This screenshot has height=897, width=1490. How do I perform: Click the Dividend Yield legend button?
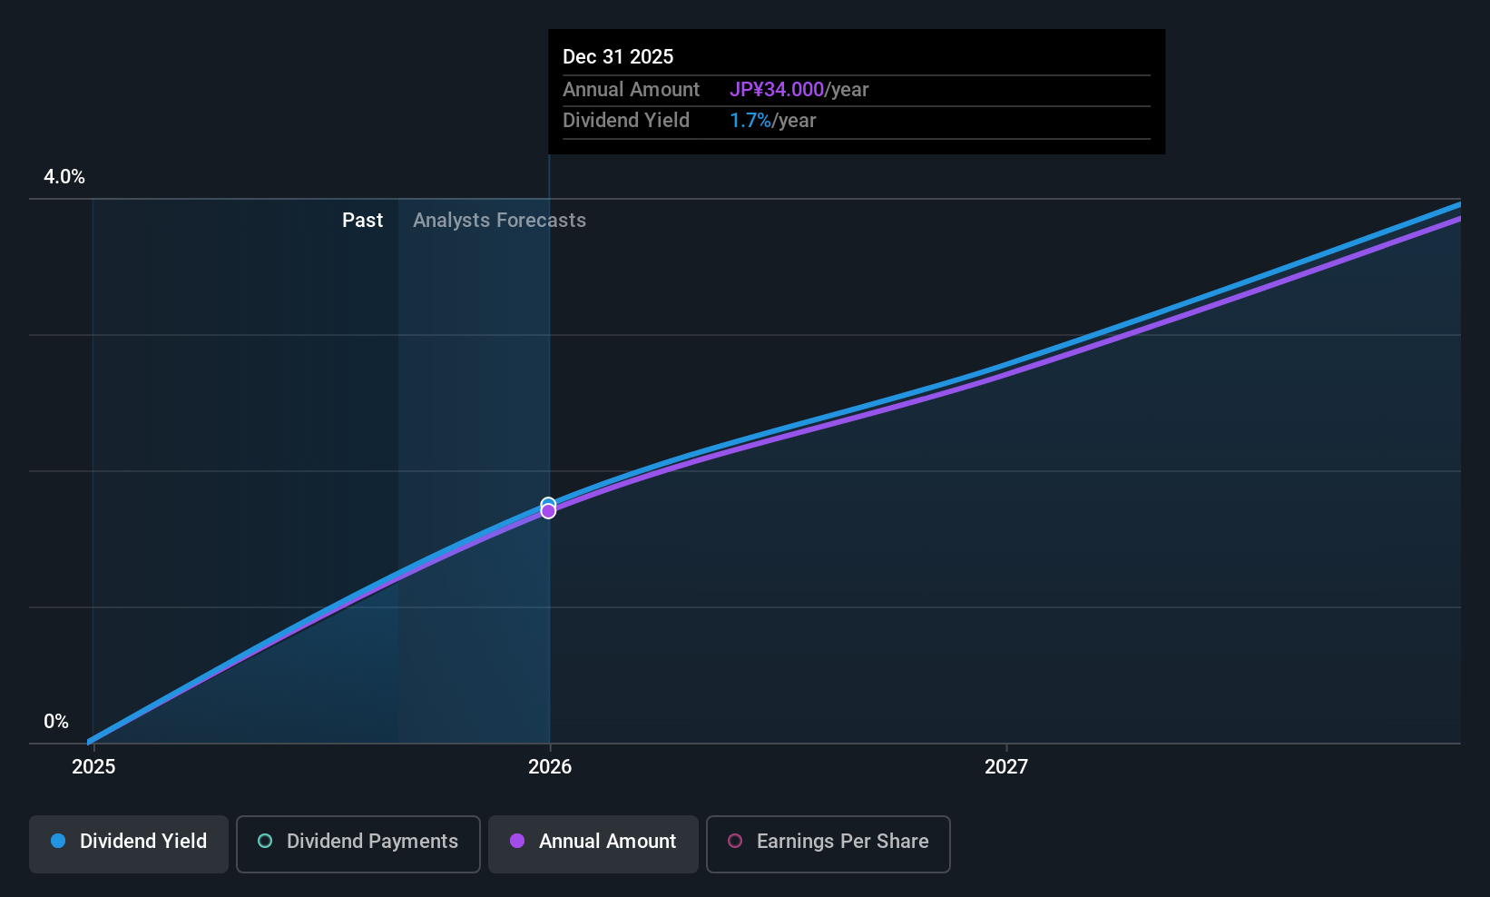pos(128,843)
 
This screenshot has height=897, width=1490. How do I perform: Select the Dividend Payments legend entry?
pos(358,843)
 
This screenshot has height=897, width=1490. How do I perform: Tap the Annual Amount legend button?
pos(593,843)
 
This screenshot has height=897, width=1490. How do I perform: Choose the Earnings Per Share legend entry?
pos(828,843)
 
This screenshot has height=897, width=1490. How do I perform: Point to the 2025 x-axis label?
pos(93,766)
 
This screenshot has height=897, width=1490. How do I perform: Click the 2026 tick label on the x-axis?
pos(550,766)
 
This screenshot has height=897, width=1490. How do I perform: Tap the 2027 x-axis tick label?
pos(1006,766)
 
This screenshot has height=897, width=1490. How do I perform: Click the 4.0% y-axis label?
pos(64,177)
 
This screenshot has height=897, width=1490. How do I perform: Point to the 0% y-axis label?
pos(56,722)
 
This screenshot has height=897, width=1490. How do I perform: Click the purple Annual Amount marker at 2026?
pos(548,512)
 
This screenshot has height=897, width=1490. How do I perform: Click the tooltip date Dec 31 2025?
pos(618,57)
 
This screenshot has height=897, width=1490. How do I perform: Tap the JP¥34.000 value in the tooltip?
pos(777,89)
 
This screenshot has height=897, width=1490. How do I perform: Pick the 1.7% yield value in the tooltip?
pos(750,121)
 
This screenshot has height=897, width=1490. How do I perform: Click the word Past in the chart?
pos(363,221)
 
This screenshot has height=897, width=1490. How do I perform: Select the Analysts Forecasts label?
pos(500,221)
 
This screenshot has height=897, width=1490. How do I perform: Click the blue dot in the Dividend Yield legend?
pos(59,841)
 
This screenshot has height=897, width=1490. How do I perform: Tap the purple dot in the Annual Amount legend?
pos(517,841)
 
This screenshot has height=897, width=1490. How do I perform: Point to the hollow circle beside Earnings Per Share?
pos(735,841)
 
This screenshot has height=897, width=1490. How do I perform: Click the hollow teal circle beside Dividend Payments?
pos(265,841)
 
